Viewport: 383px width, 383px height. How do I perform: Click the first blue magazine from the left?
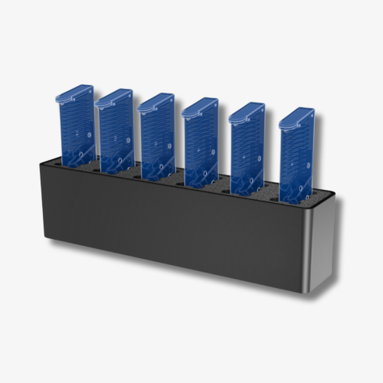[x=74, y=126]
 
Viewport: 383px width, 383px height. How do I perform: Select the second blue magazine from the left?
[x=116, y=130]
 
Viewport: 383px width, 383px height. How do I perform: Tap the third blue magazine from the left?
[x=156, y=136]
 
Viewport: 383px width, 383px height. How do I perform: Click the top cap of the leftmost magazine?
[x=74, y=93]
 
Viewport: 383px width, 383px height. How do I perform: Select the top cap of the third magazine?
[x=156, y=102]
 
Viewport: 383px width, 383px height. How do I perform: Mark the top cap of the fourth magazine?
[x=201, y=106]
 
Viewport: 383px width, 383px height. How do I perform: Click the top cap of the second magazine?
[x=115, y=97]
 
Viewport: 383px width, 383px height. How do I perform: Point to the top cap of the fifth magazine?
[x=247, y=111]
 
